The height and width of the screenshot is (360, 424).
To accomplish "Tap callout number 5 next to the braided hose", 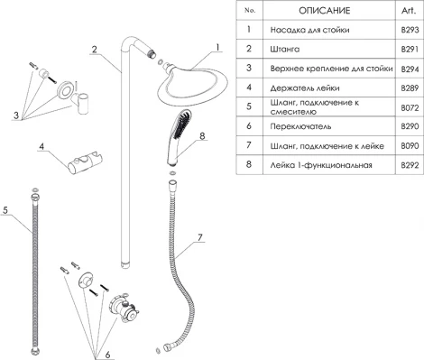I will (7, 209).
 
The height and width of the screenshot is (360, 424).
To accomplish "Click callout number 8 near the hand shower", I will (202, 136).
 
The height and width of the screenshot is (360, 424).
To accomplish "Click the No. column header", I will (251, 10).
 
